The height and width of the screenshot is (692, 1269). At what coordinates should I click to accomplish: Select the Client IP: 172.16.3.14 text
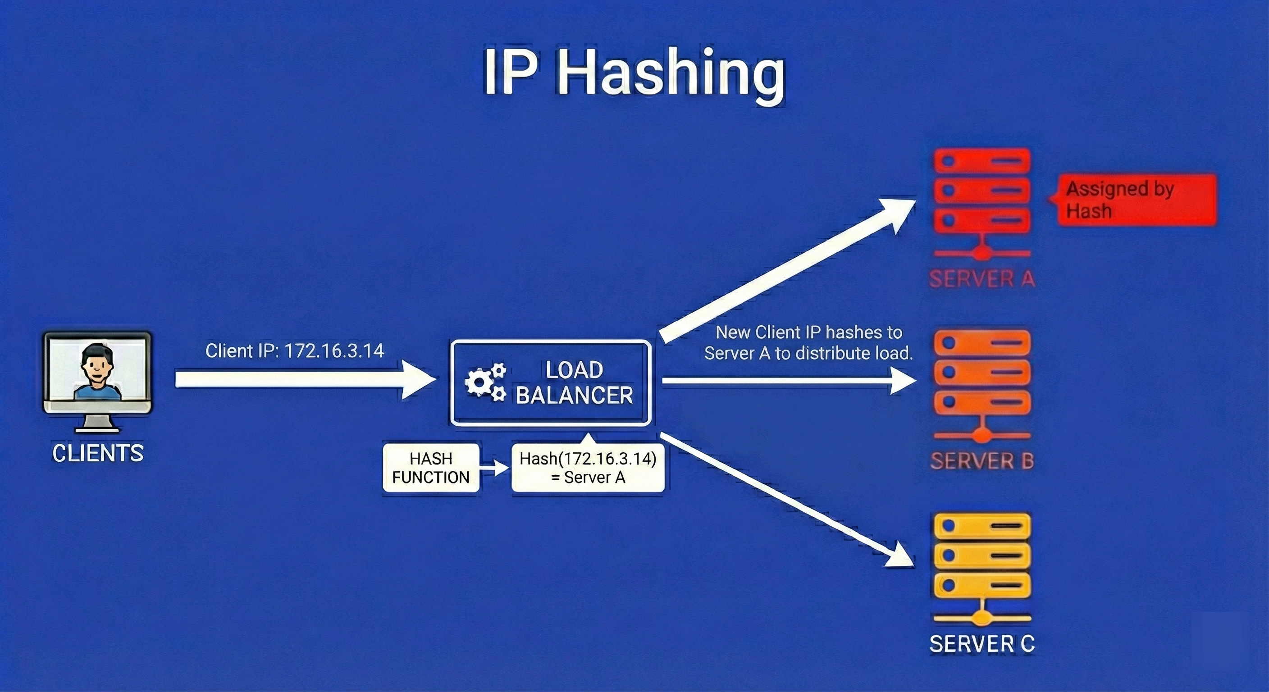pyautogui.click(x=295, y=351)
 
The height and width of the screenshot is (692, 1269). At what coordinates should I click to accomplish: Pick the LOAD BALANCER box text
pyautogui.click(x=574, y=382)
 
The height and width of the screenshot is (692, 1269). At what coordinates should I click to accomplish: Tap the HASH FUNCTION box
pyautogui.click(x=430, y=468)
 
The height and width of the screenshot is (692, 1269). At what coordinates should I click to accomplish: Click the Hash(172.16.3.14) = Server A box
pyautogui.click(x=588, y=468)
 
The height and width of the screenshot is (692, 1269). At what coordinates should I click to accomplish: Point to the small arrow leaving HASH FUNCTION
pyautogui.click(x=494, y=468)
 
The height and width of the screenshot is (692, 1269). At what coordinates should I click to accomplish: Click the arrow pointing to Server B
pyautogui.click(x=788, y=381)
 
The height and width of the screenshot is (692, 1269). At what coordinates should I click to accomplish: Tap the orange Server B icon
pyautogui.click(x=982, y=384)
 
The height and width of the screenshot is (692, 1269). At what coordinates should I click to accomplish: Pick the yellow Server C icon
pyautogui.click(x=982, y=566)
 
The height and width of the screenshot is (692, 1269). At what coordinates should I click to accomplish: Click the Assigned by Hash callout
pyautogui.click(x=1136, y=200)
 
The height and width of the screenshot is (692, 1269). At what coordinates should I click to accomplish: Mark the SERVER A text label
pyautogui.click(x=982, y=279)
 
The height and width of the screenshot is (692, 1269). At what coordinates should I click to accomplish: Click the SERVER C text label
pyautogui.click(x=982, y=643)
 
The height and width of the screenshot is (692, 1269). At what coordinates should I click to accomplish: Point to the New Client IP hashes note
pyautogui.click(x=808, y=343)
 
